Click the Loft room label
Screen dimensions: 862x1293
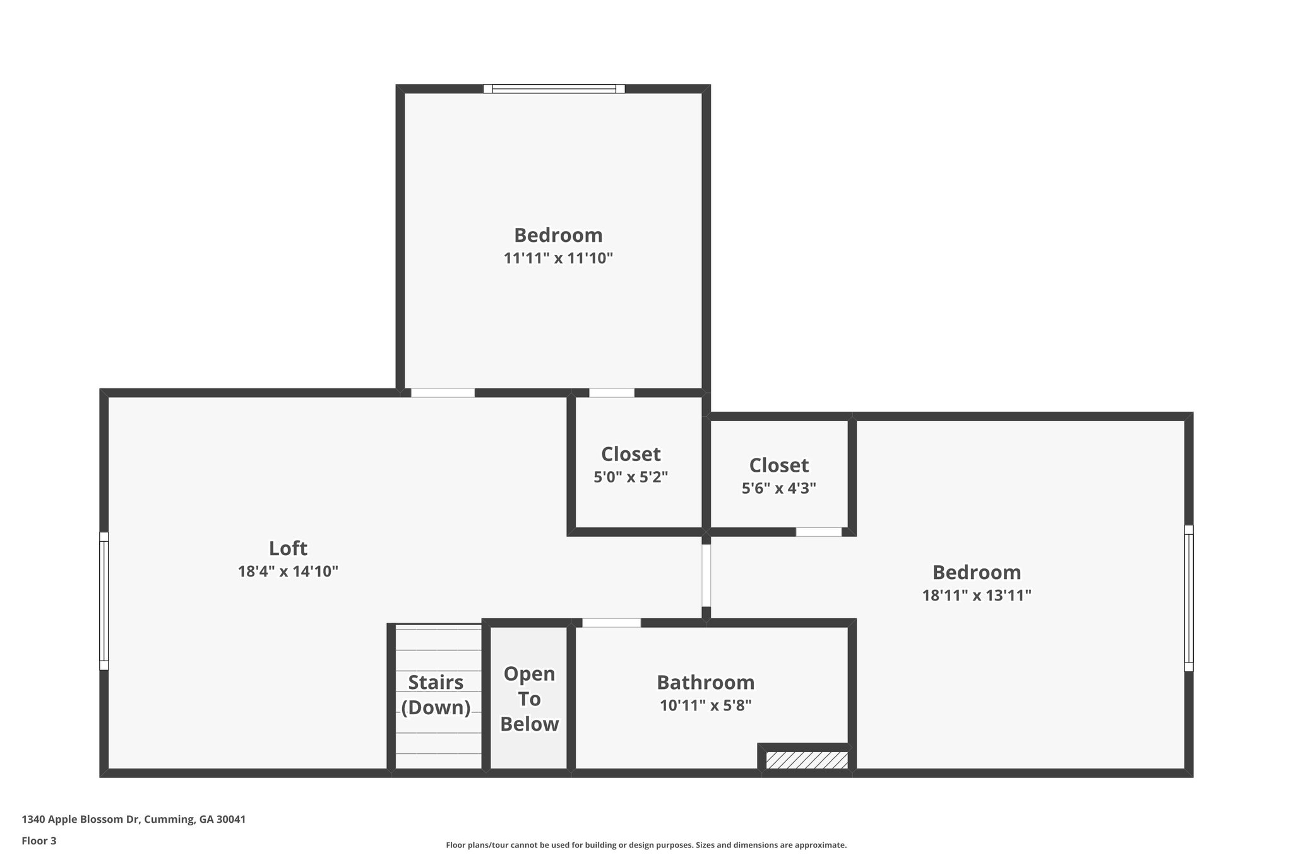(288, 548)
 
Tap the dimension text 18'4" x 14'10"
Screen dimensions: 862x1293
(288, 572)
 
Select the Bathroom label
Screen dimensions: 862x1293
(705, 682)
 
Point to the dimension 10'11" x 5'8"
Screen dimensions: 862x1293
(705, 705)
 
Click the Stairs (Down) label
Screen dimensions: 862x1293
(436, 695)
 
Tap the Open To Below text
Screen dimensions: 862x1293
(529, 698)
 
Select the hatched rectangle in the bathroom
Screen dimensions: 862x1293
(806, 760)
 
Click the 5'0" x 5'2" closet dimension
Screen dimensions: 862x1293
(631, 477)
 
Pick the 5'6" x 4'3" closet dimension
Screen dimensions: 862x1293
(778, 488)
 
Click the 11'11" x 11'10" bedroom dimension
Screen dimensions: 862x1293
(558, 258)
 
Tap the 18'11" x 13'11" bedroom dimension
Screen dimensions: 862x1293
(976, 595)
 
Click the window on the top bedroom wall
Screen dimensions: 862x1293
(554, 89)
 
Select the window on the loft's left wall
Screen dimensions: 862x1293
(104, 601)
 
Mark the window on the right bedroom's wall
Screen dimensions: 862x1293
(1188, 597)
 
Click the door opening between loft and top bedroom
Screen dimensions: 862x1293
(443, 393)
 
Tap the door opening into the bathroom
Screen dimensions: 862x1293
(611, 623)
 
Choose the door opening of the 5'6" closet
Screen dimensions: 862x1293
(818, 532)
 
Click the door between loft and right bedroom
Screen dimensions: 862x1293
(706, 575)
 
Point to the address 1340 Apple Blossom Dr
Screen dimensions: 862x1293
(133, 819)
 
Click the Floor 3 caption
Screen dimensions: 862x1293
(39, 841)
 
